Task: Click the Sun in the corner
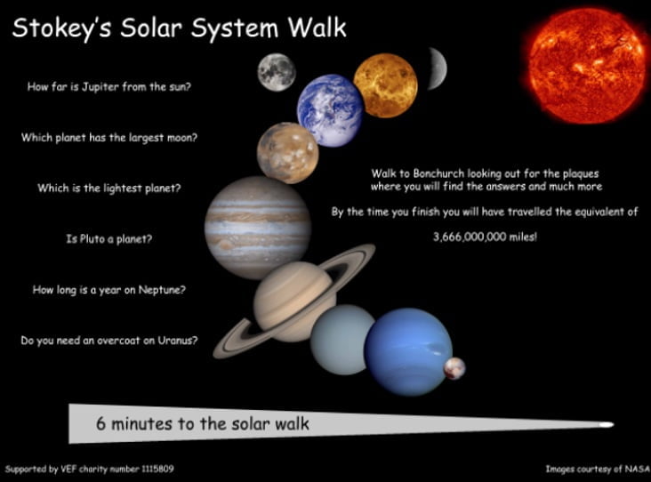(x=586, y=67)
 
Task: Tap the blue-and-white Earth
(x=330, y=110)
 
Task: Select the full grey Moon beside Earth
(x=277, y=72)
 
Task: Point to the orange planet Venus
(x=385, y=85)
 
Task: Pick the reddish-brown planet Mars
(x=288, y=153)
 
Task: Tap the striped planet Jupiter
(x=258, y=228)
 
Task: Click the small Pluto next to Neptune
(x=454, y=368)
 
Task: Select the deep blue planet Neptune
(x=408, y=351)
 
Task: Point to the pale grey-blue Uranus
(x=342, y=340)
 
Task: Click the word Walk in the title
(x=317, y=28)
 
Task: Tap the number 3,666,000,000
(x=470, y=237)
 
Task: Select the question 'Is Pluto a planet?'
(x=109, y=238)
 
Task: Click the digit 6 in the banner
(x=100, y=423)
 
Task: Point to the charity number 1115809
(x=157, y=469)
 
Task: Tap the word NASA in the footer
(x=638, y=469)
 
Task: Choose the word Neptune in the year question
(x=162, y=290)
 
